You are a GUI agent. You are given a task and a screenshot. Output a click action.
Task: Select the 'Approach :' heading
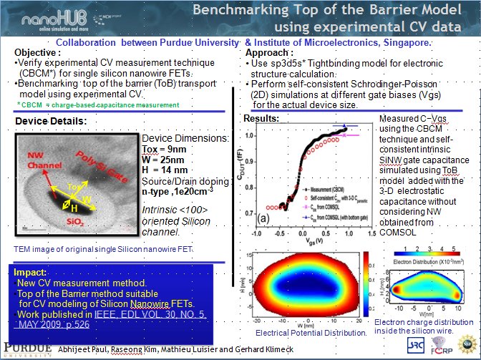(x=269, y=53)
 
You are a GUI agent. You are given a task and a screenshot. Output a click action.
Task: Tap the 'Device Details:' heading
(x=52, y=122)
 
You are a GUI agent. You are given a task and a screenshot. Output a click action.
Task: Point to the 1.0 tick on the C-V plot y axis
(x=249, y=135)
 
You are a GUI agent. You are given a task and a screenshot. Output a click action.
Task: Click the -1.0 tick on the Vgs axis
(x=256, y=233)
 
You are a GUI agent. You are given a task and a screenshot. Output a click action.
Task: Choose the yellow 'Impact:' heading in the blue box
(x=31, y=273)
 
